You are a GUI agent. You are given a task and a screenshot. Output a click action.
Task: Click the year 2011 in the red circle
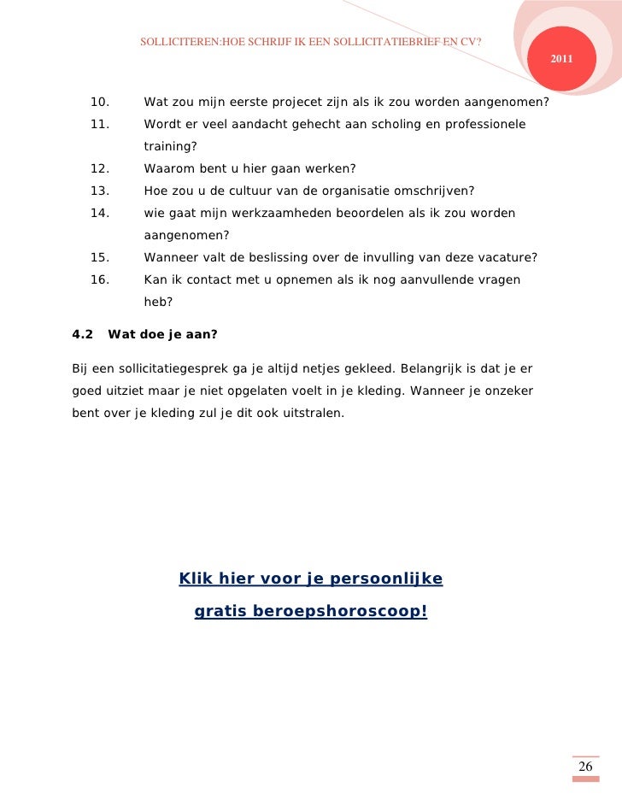[561, 59]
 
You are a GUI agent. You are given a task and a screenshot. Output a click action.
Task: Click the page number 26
[585, 767]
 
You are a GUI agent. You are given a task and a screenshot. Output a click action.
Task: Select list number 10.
[99, 103]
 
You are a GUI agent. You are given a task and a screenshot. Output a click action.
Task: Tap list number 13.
[99, 190]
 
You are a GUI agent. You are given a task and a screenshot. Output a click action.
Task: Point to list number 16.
[99, 279]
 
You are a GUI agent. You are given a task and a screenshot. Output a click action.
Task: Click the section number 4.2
[83, 334]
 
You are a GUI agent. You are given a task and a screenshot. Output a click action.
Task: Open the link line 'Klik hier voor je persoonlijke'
[310, 579]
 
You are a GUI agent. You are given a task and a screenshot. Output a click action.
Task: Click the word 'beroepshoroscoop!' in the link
[358, 612]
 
